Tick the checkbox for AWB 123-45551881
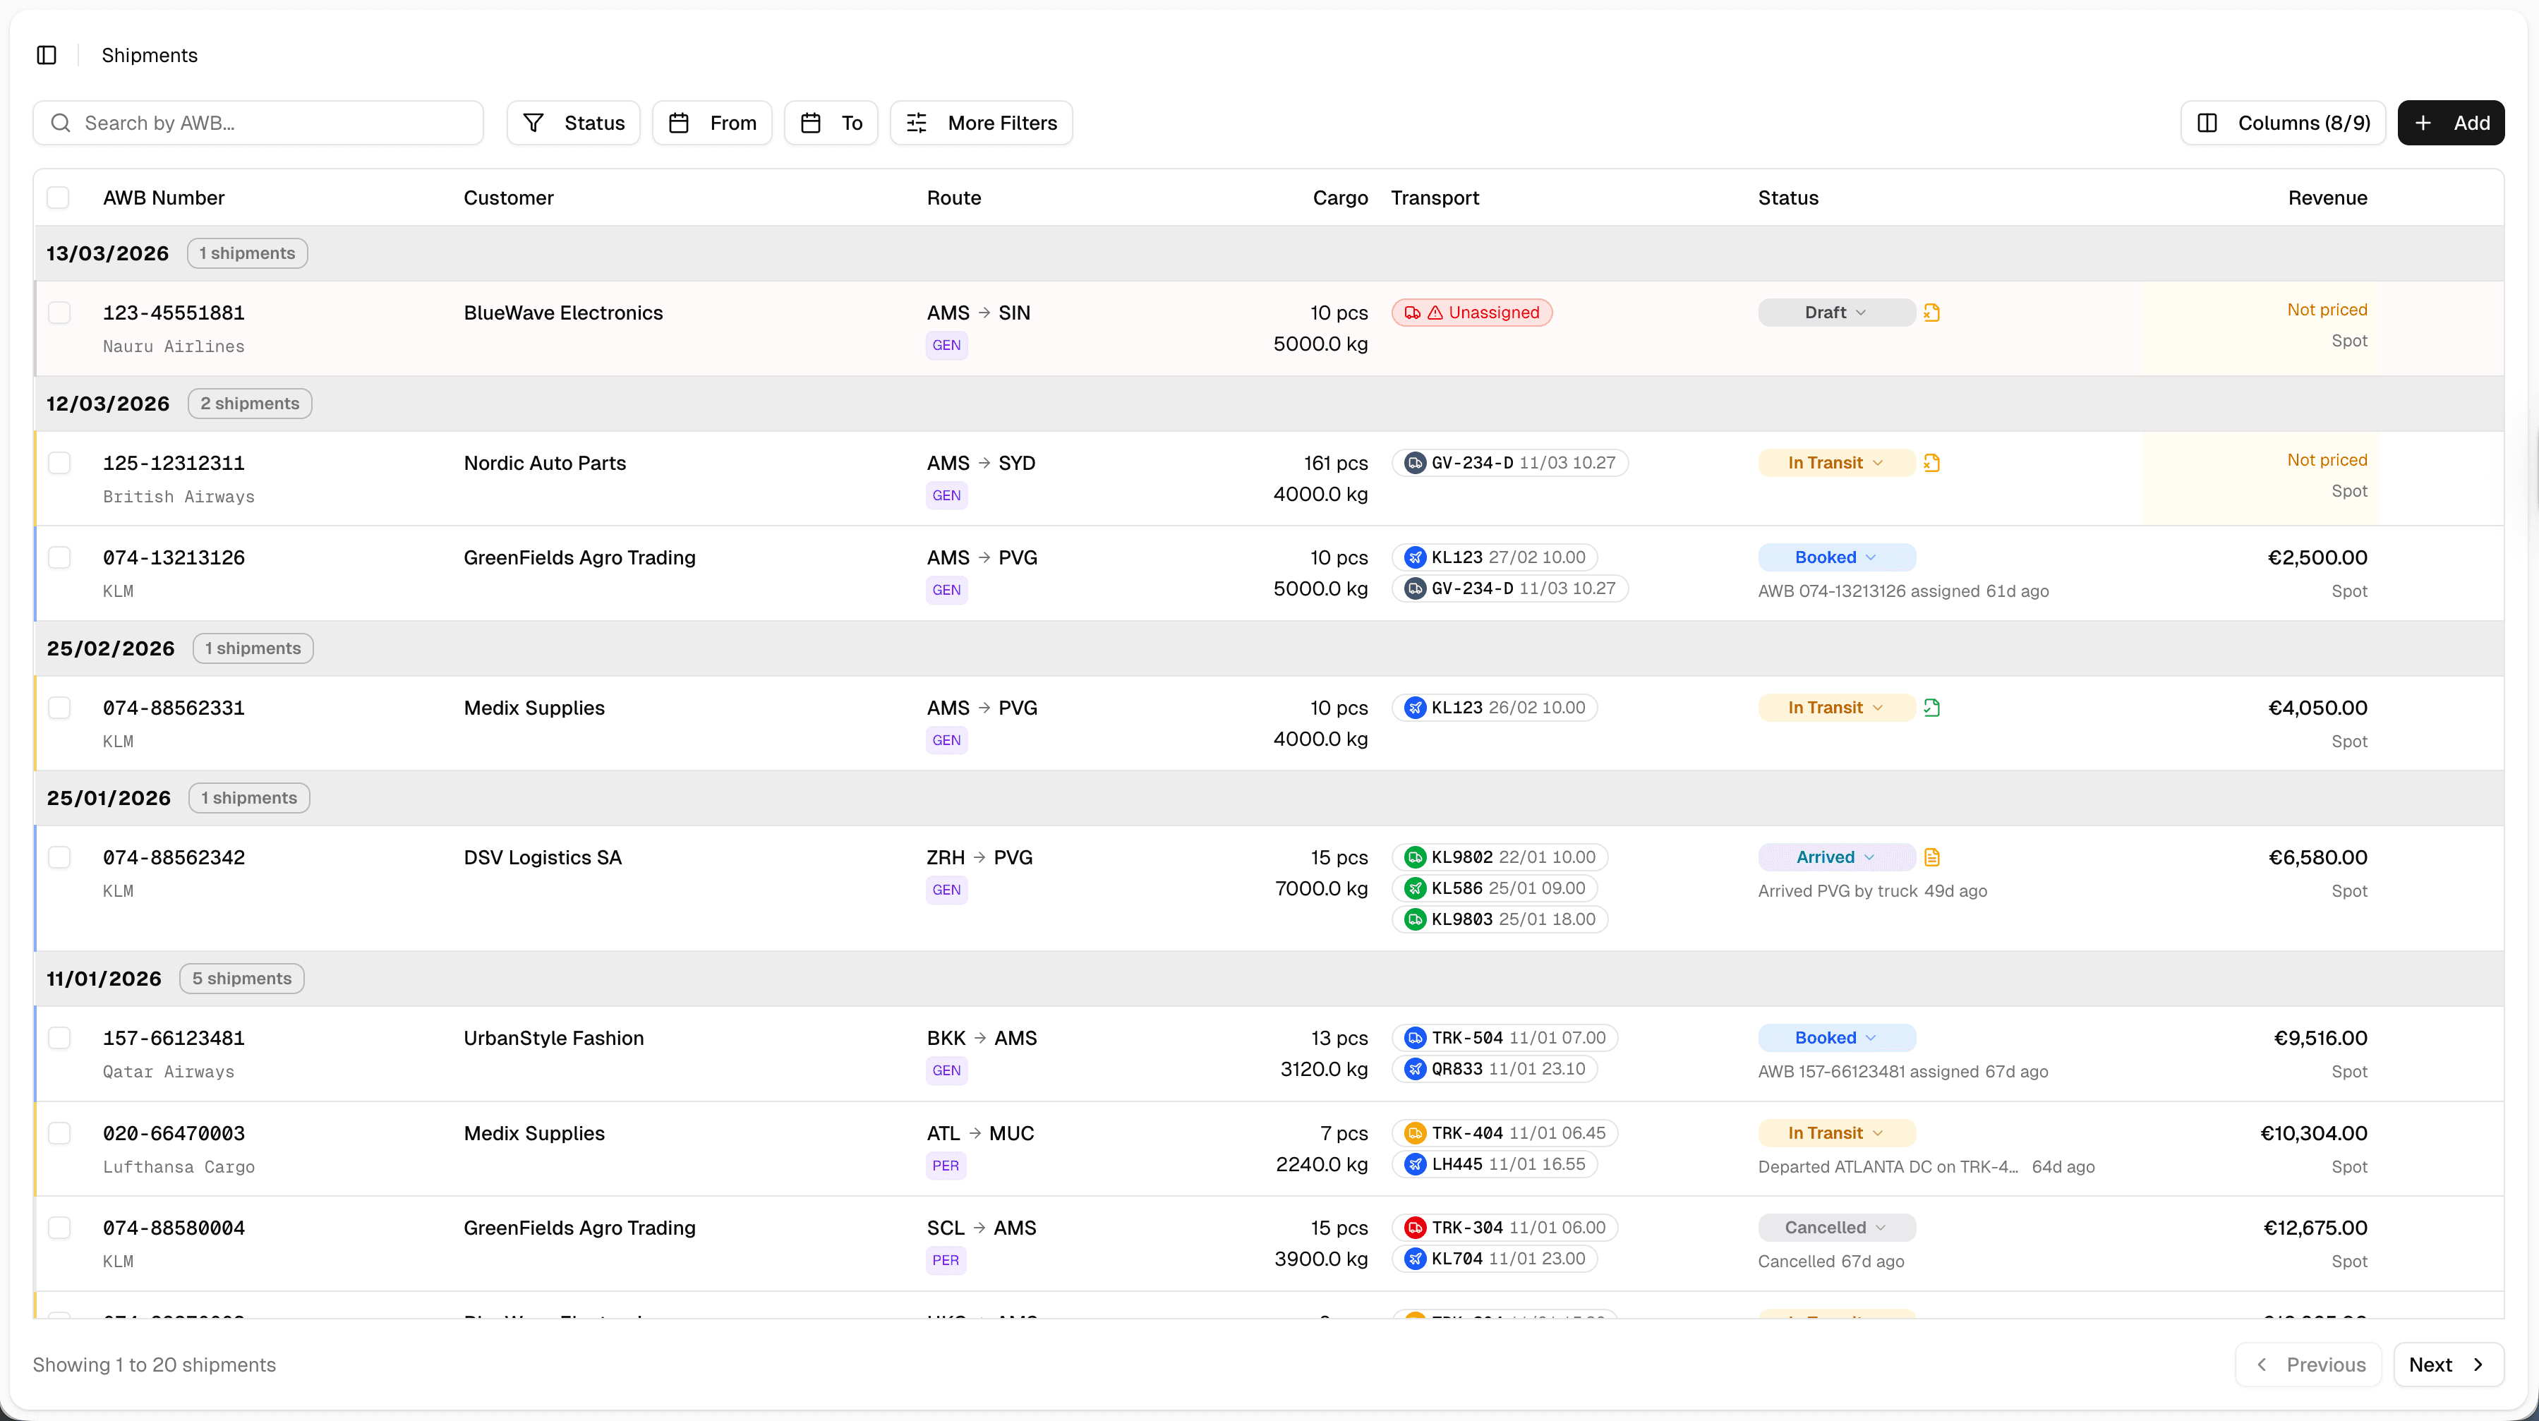point(59,313)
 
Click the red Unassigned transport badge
point(1471,313)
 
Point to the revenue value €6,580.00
point(2317,857)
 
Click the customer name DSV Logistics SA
point(542,857)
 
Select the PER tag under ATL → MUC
point(945,1166)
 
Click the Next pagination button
point(2447,1365)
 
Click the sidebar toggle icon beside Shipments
point(47,55)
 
